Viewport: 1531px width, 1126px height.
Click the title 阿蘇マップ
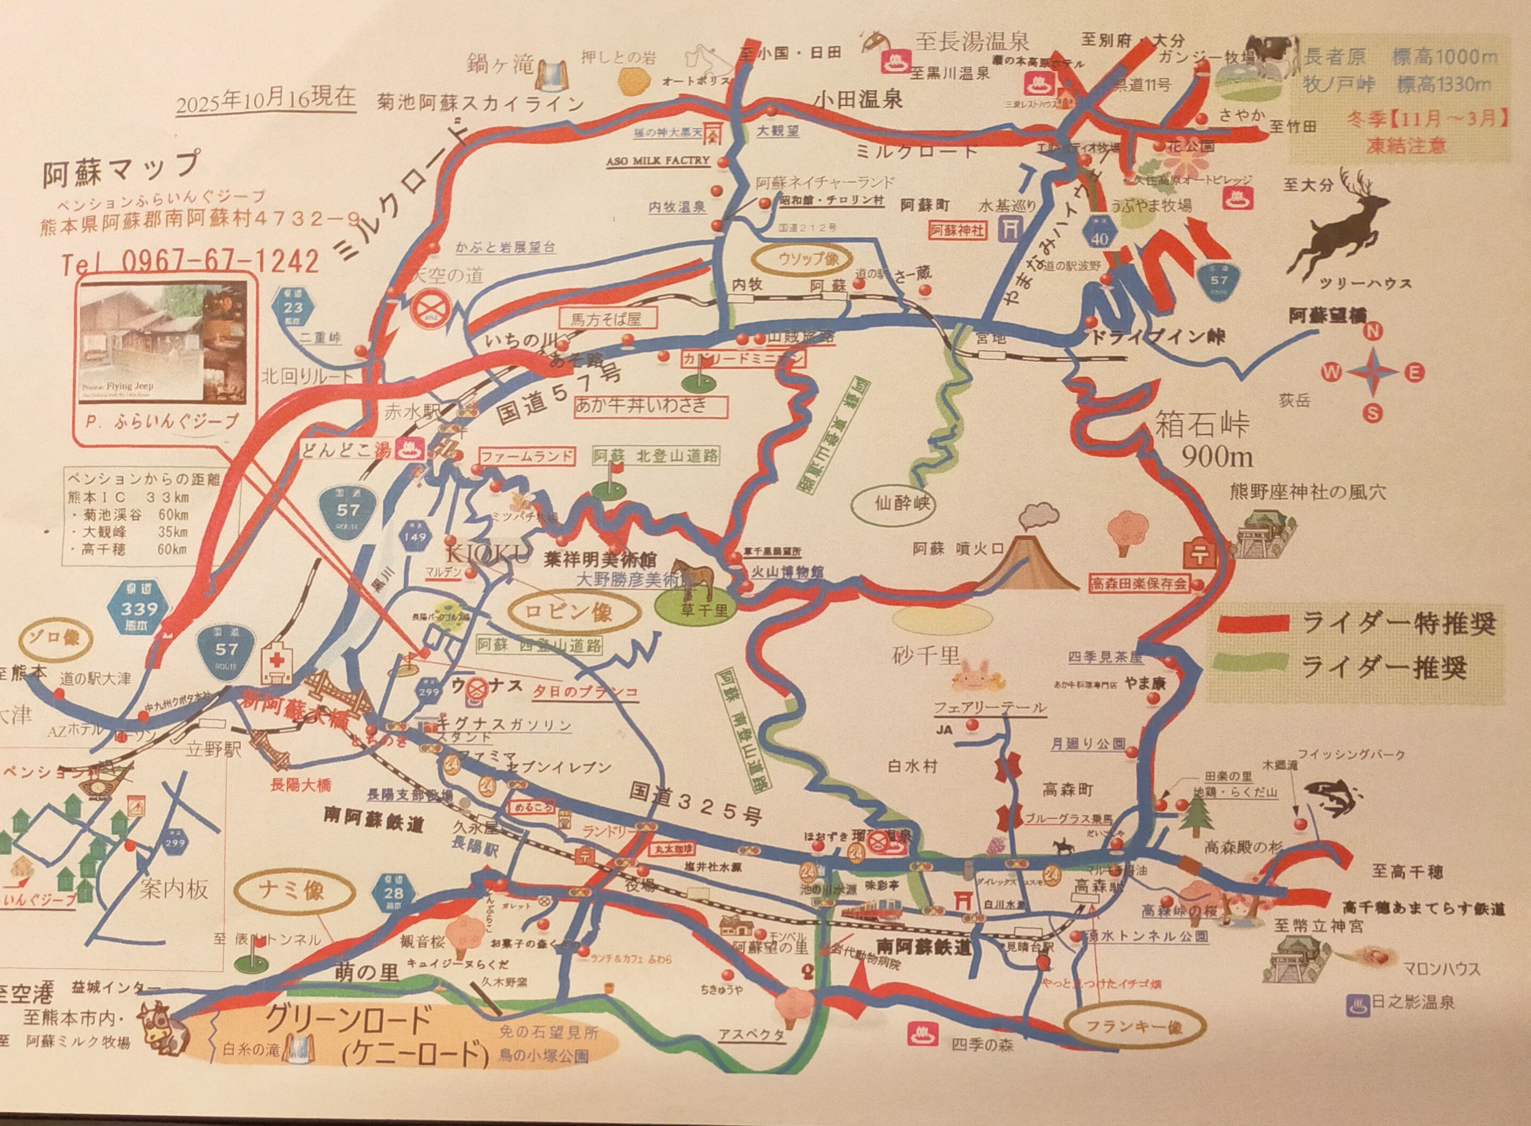[x=121, y=168]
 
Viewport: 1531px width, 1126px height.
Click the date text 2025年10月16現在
[x=266, y=99]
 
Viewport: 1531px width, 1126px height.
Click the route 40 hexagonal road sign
[x=1099, y=235]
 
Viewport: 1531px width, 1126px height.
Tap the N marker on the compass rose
[x=1372, y=332]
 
